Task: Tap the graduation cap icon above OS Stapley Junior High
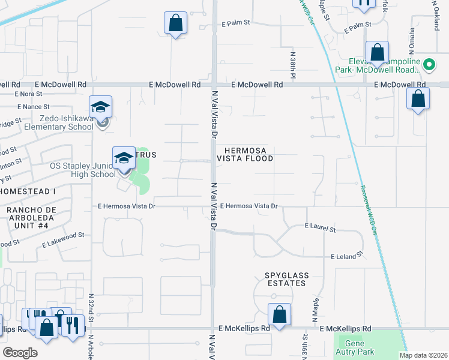(124, 158)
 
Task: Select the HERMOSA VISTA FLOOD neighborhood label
(249, 154)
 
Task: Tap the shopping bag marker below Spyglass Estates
(279, 313)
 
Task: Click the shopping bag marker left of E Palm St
(175, 23)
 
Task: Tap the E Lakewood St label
(64, 239)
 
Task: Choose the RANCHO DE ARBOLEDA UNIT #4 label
(31, 218)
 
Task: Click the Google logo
(20, 352)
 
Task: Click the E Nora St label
(28, 94)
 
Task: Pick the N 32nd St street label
(91, 309)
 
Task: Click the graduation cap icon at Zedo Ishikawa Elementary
(101, 107)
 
